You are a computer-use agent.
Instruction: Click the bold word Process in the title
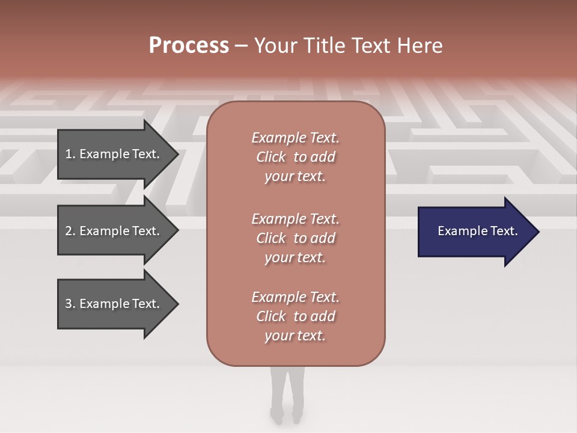click(x=189, y=46)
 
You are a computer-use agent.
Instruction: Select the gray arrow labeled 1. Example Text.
click(x=114, y=154)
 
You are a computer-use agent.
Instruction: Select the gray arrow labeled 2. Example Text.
click(x=114, y=231)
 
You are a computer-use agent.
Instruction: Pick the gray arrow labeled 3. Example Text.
click(x=114, y=304)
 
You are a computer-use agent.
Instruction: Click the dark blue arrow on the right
click(x=475, y=231)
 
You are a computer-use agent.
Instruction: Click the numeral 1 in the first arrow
click(x=68, y=154)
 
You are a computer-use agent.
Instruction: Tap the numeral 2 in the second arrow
click(x=69, y=231)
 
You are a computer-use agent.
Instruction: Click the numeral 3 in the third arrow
click(x=69, y=304)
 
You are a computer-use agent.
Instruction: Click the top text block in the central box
click(x=295, y=157)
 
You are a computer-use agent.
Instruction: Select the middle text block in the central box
click(x=295, y=238)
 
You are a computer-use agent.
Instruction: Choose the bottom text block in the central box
click(x=295, y=316)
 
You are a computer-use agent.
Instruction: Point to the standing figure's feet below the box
click(x=286, y=414)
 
